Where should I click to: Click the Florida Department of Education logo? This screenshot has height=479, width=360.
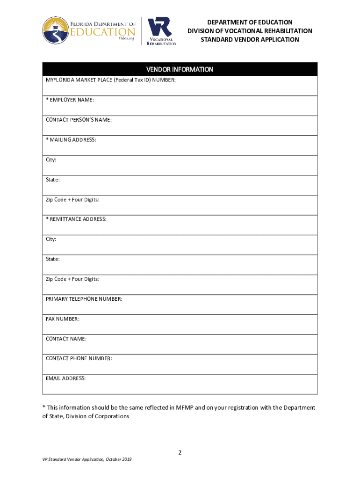(89, 30)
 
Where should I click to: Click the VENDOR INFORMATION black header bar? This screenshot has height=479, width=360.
(180, 69)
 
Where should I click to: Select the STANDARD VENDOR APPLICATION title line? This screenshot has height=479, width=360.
(250, 40)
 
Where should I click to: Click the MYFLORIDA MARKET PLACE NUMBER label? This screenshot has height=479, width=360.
(110, 80)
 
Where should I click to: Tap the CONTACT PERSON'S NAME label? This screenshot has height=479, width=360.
(79, 120)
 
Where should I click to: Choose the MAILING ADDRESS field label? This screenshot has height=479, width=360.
(71, 140)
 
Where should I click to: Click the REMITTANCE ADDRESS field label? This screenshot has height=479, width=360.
(76, 219)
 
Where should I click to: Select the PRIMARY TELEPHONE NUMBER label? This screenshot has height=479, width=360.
(84, 299)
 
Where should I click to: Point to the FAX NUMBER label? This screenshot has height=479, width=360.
(63, 319)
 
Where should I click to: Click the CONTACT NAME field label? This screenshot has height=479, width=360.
(66, 339)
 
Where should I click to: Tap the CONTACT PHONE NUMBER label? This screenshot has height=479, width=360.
(79, 359)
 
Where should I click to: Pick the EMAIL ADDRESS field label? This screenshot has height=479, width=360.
(65, 378)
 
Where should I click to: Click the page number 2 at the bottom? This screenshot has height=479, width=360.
(180, 453)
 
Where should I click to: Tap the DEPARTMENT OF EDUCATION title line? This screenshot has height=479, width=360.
(250, 22)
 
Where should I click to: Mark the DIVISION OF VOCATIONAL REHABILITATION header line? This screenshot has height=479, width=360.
(250, 31)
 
